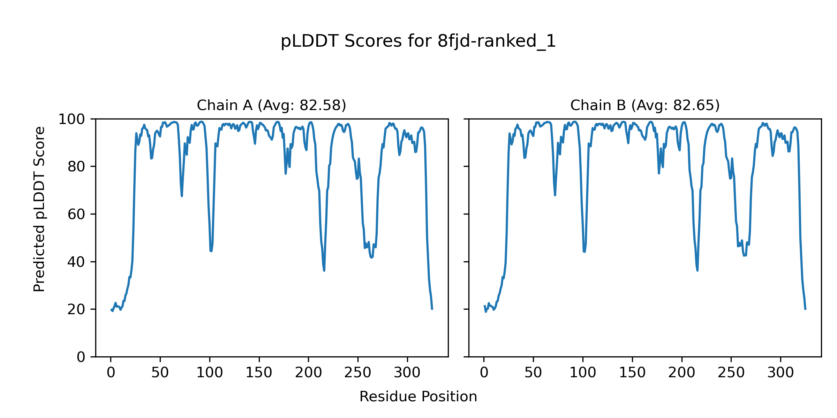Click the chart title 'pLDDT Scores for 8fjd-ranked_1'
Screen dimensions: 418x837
pos(418,41)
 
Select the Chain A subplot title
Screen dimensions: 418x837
pos(271,105)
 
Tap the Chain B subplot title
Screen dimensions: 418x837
pos(645,105)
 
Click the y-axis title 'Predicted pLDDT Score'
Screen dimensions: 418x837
pos(39,209)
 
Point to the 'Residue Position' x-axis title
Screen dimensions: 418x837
pos(418,397)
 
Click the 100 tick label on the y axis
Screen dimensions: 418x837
pos(71,119)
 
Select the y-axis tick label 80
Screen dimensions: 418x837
pos(76,167)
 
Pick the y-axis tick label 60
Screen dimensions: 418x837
pos(76,214)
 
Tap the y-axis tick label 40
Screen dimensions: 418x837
pos(76,262)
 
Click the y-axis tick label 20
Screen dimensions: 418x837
pos(76,309)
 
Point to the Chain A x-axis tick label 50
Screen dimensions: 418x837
pos(160,373)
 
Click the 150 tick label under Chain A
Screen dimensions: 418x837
pos(259,373)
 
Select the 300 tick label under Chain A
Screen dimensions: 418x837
pos(407,373)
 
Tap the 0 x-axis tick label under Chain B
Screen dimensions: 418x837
pos(484,373)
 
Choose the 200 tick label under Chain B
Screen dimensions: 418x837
pos(681,373)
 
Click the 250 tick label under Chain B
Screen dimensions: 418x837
pos(731,373)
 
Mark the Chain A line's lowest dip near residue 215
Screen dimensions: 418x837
pos(324,270)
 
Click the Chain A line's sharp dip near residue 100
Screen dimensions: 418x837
pos(211,251)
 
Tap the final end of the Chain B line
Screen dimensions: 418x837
pos(805,309)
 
